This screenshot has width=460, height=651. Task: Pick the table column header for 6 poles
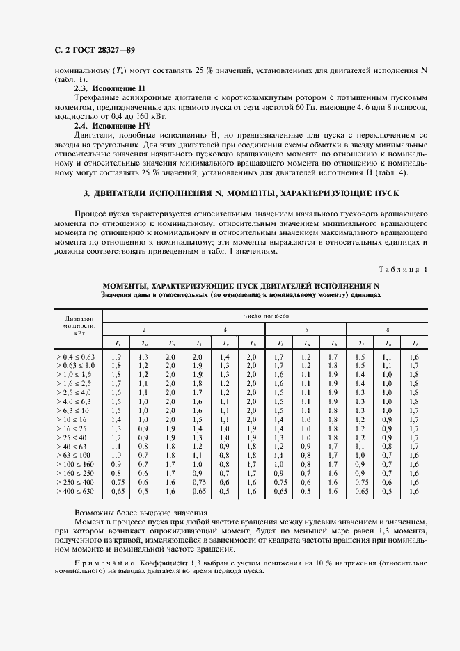tap(306, 328)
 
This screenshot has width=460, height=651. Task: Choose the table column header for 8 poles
tap(388, 328)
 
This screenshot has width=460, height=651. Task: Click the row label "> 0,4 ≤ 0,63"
tap(75, 357)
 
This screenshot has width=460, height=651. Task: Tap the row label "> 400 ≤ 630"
tap(75, 491)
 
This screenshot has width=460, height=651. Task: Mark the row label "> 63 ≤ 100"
tap(73, 456)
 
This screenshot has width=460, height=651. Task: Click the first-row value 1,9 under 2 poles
tap(117, 357)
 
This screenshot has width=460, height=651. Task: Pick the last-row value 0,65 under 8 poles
tap(360, 491)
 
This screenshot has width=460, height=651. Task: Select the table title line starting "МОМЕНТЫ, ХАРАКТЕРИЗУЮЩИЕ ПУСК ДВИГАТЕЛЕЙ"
tap(241, 285)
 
